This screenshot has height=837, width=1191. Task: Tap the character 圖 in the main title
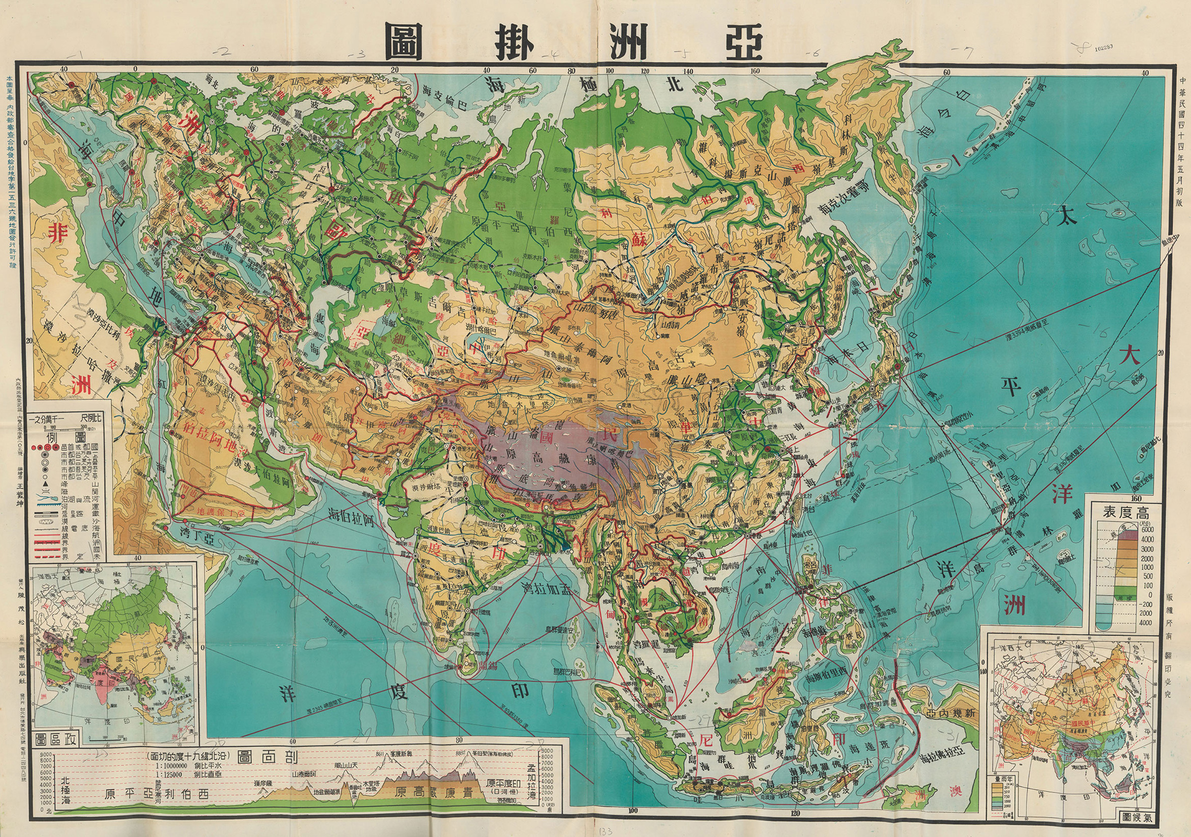click(x=404, y=42)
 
